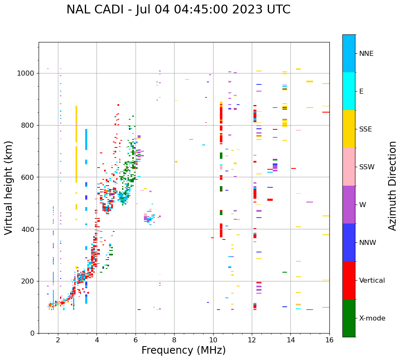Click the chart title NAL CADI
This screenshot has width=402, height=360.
178,10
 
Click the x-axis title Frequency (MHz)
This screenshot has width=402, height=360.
183,350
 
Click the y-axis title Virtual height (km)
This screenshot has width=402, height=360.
9,187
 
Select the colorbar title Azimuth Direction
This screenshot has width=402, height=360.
392,186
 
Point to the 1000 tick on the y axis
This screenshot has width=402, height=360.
27,73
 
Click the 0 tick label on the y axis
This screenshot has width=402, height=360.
33,333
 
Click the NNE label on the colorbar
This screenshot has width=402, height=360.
366,53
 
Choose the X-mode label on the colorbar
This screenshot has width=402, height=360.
372,318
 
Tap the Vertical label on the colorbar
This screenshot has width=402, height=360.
372,280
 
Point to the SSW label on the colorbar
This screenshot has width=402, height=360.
367,167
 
